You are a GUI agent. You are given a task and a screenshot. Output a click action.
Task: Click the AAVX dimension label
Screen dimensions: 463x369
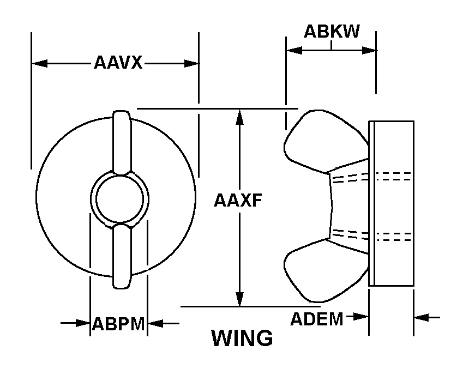(118, 63)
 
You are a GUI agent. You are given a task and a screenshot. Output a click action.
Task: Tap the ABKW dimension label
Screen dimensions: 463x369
(332, 31)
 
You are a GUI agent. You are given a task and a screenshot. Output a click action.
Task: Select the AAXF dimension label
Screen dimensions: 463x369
(238, 201)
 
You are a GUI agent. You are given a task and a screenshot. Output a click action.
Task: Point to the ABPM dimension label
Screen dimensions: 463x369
(118, 324)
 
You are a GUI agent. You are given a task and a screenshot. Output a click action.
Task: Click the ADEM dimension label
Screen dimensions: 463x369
(317, 319)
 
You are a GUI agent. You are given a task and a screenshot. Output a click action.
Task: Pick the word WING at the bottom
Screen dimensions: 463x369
(242, 338)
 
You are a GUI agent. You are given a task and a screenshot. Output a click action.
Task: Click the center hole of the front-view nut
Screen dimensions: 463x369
(119, 199)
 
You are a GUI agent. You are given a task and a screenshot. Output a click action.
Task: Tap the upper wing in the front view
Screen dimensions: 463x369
(122, 143)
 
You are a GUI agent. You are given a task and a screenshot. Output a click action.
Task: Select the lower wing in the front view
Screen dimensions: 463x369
(122, 256)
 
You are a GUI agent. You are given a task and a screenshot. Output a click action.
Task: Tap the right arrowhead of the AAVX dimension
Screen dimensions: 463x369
(191, 63)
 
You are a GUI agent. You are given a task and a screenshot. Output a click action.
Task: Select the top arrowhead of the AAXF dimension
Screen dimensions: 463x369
(240, 117)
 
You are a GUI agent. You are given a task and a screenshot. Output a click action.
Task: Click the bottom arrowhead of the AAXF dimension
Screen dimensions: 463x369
(240, 299)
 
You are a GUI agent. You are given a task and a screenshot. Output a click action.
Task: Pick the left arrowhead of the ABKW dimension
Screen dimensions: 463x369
(294, 50)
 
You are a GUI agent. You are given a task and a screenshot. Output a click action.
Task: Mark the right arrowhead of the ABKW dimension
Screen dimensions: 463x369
(369, 50)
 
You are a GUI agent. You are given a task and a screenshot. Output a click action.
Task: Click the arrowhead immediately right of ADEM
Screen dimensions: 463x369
(361, 317)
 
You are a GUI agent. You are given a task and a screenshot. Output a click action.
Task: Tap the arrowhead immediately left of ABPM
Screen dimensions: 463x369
(83, 323)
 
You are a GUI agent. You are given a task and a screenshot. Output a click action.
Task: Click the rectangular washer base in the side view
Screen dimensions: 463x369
(391, 203)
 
